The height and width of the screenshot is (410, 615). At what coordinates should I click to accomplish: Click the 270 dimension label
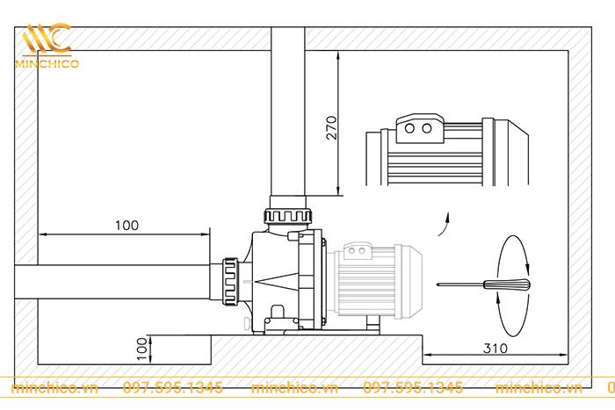click(330, 130)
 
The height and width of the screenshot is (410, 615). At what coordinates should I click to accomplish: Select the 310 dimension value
click(496, 348)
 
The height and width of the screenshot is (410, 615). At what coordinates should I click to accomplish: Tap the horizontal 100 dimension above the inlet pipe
click(127, 226)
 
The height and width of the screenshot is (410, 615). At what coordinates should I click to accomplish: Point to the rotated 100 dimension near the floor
click(141, 349)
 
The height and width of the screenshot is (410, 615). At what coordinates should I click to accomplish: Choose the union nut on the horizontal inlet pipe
click(231, 283)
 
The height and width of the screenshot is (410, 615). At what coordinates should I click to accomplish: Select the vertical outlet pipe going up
click(287, 114)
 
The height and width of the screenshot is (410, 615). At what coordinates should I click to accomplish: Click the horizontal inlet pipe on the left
click(114, 283)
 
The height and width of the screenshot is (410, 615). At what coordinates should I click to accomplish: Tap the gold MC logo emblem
click(47, 39)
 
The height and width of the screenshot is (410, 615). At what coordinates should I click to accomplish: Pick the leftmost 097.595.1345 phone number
click(172, 387)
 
